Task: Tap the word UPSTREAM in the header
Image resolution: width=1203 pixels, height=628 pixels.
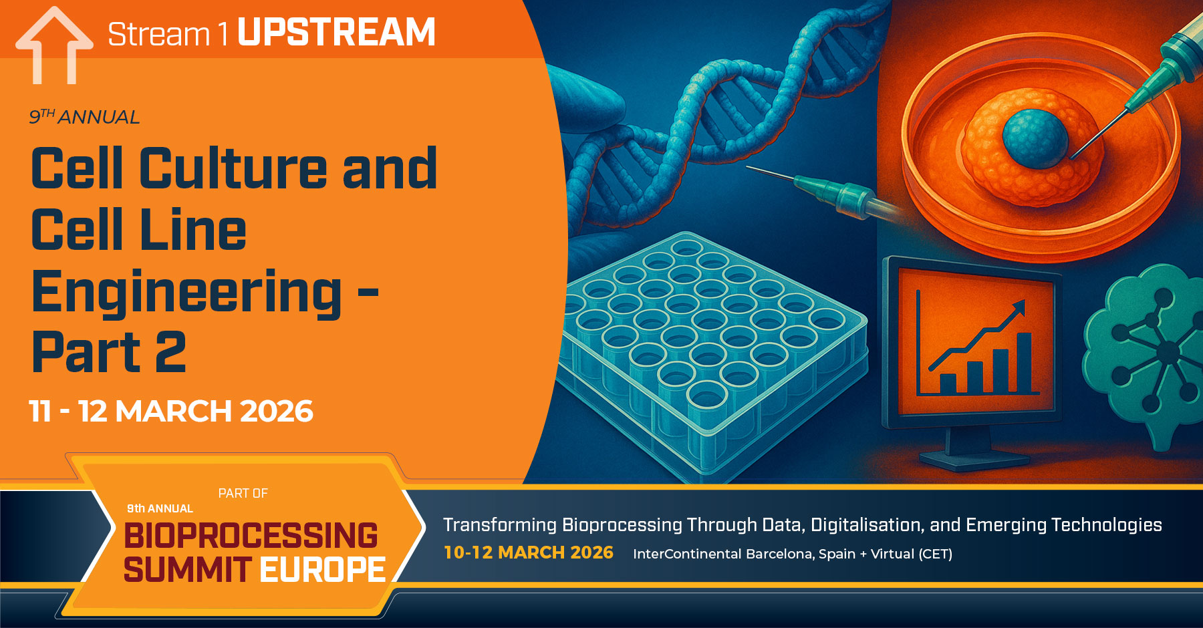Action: pos(336,32)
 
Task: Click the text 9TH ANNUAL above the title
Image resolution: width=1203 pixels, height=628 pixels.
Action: pos(84,117)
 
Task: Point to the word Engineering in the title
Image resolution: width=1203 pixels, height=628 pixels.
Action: pos(187,291)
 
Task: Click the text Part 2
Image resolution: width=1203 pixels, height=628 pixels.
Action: pos(108,352)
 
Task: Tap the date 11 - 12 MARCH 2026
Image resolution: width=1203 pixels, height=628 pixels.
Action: pos(170,411)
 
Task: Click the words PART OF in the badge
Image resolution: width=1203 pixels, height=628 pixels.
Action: pos(243,493)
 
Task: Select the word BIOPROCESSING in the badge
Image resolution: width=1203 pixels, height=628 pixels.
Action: pos(251,535)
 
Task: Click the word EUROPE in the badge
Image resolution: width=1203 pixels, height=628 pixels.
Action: pos(322,570)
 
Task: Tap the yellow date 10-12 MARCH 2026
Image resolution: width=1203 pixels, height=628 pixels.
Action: pos(528,553)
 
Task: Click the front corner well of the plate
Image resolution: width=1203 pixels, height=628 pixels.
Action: pos(707,396)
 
